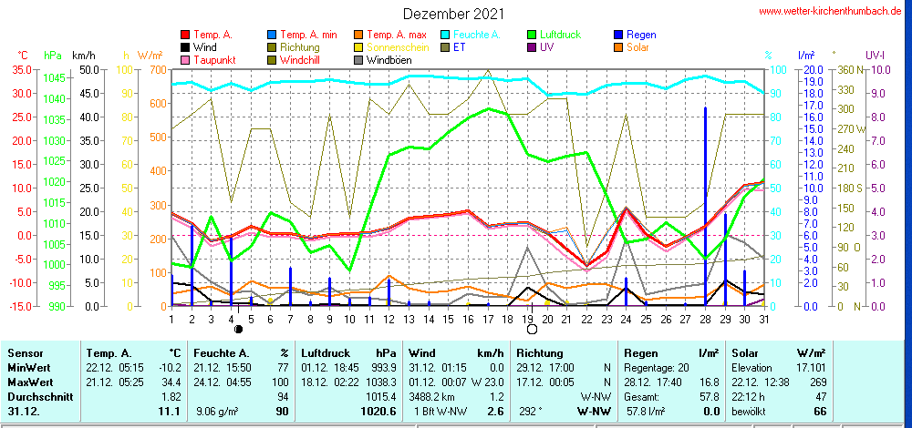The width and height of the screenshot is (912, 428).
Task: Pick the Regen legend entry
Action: [641, 35]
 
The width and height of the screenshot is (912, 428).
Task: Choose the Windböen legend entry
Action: [389, 60]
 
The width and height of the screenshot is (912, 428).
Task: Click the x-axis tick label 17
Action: [489, 319]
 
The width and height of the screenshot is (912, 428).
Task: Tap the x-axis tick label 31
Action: [764, 319]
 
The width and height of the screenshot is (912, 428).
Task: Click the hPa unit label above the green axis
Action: [52, 56]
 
